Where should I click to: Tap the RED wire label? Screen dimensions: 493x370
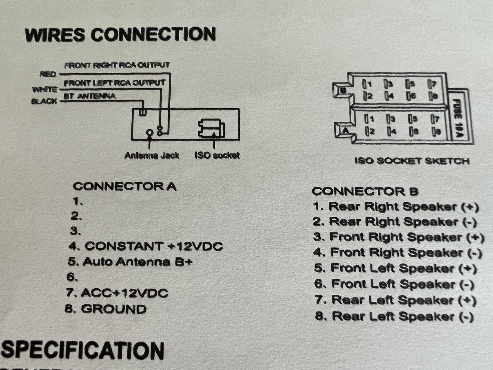(48, 74)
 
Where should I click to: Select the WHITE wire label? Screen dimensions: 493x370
(45, 89)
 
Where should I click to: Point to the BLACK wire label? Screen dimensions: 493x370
(44, 101)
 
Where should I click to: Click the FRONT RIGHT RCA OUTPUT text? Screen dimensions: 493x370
(117, 65)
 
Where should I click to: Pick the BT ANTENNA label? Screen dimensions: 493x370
(89, 96)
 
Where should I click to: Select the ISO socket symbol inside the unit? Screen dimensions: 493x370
(211, 129)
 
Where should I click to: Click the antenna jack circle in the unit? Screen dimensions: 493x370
(150, 133)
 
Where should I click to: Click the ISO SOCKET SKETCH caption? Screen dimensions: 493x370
(412, 161)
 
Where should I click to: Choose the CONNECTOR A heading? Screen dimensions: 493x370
(124, 186)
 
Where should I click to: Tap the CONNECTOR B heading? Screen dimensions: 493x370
(365, 191)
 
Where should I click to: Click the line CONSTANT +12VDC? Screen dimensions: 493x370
(145, 246)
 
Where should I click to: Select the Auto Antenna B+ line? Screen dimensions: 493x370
(130, 262)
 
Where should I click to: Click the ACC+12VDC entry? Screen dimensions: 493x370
(117, 293)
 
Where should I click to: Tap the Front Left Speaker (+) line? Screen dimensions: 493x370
(396, 268)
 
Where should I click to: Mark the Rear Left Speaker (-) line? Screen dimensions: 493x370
(394, 316)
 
